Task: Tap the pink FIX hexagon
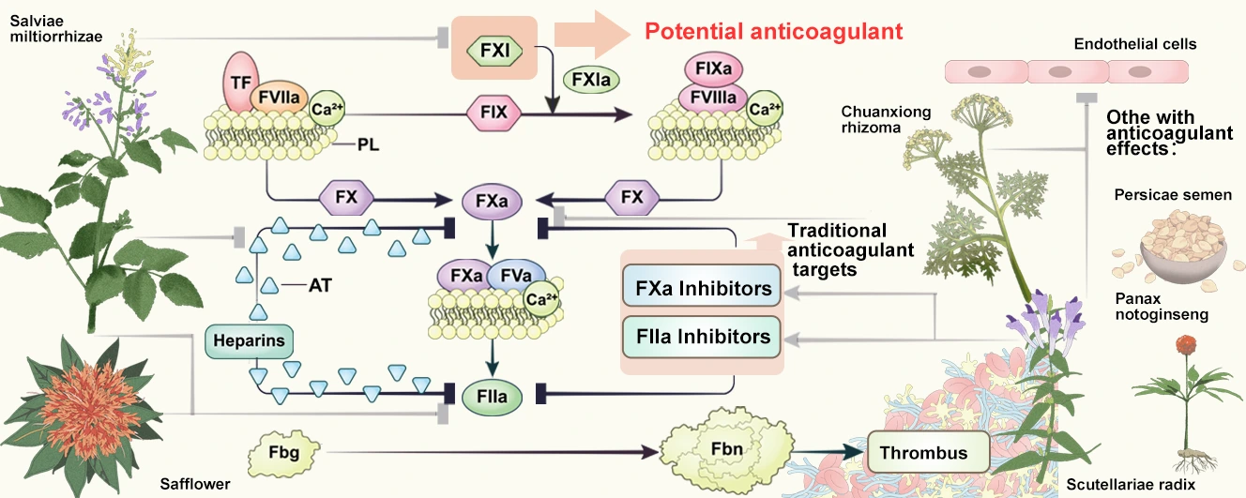pyautogui.click(x=494, y=113)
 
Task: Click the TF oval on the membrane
pyautogui.click(x=239, y=82)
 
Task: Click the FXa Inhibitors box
pyautogui.click(x=702, y=288)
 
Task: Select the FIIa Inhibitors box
pyautogui.click(x=702, y=336)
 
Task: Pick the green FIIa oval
pyautogui.click(x=490, y=397)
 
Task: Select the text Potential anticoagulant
pyautogui.click(x=773, y=31)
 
